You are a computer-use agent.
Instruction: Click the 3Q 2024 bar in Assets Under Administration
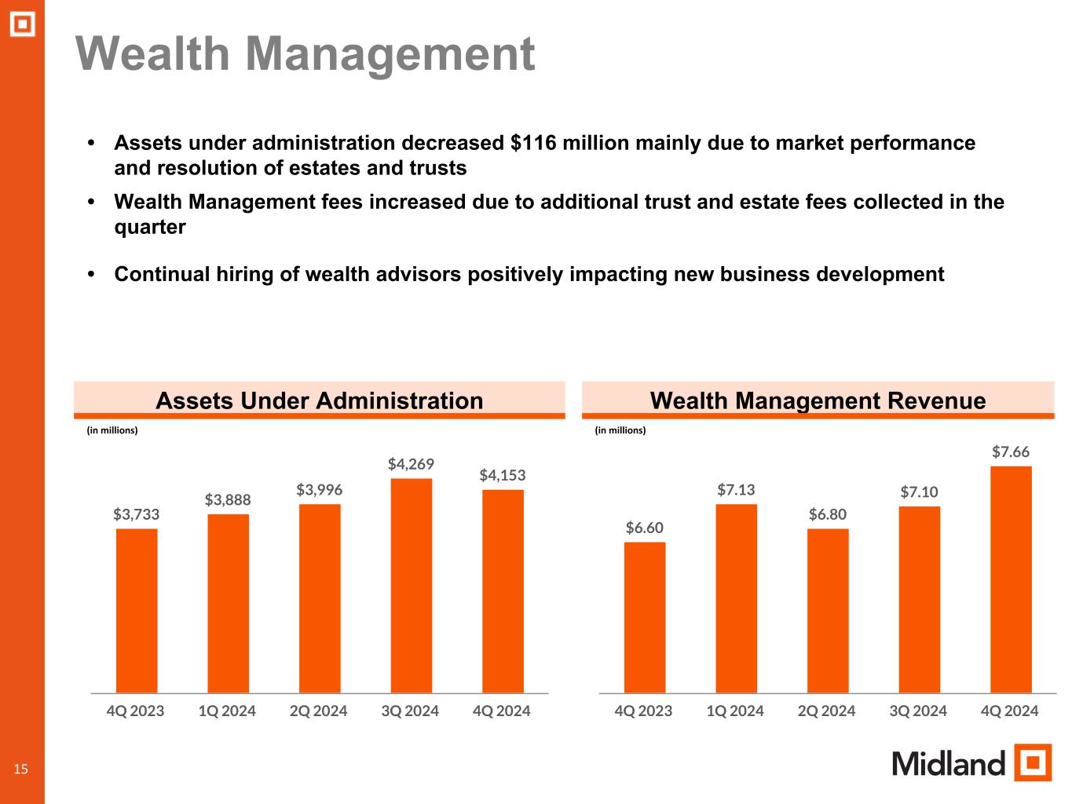(x=411, y=585)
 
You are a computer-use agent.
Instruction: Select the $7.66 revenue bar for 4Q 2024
(x=1011, y=579)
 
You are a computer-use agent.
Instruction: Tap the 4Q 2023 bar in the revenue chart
(x=644, y=617)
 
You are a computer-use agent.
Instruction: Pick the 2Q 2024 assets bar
(x=320, y=598)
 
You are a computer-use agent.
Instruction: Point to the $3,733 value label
(x=137, y=514)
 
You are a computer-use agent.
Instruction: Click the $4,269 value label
(x=411, y=464)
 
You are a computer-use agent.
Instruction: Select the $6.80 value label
(x=828, y=514)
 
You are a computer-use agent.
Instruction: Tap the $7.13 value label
(x=736, y=490)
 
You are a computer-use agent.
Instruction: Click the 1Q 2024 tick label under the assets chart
(x=227, y=711)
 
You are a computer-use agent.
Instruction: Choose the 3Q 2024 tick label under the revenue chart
(x=918, y=711)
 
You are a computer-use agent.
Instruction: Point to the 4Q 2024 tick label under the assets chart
(x=502, y=711)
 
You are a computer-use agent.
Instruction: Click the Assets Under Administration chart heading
(x=319, y=400)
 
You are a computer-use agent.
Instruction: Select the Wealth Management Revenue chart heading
(x=818, y=400)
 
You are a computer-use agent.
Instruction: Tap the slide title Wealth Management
(x=305, y=54)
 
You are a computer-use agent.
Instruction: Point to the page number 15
(x=20, y=769)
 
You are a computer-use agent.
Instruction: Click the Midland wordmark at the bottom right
(x=949, y=763)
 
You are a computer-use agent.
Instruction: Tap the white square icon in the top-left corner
(x=23, y=25)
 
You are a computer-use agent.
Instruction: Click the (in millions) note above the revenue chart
(x=620, y=430)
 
